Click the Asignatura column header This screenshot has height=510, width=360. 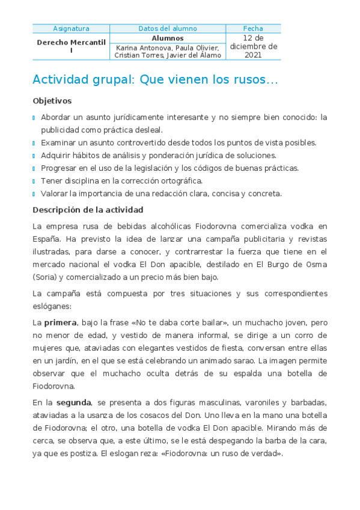tap(71, 28)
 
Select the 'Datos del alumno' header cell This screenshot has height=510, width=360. tap(167, 28)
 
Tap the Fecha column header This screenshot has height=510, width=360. tap(253, 28)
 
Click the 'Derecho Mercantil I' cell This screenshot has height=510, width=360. tap(71, 46)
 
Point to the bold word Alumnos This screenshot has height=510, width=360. tap(167, 38)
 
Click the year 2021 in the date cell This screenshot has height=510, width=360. tap(253, 55)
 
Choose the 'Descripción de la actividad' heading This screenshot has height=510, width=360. tap(88, 210)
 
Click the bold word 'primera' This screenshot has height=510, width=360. tap(60, 323)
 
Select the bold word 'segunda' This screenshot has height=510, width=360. tap(73, 402)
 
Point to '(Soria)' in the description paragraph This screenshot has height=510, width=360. tap(46, 277)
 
